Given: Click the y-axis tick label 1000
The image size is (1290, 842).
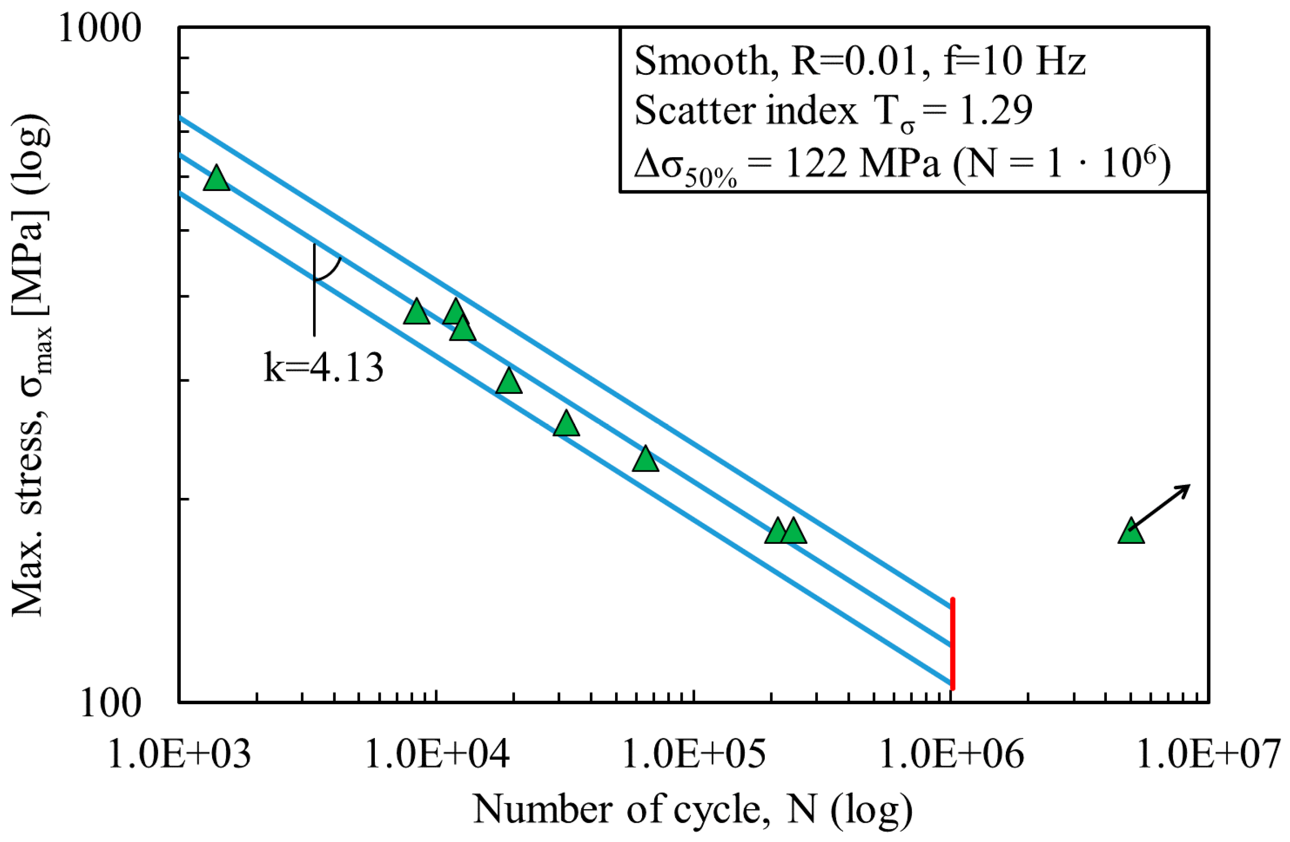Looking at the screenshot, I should (x=99, y=28).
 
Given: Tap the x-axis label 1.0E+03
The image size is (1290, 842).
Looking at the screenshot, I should (x=179, y=754).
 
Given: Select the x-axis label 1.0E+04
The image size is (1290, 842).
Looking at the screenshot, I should (x=437, y=754).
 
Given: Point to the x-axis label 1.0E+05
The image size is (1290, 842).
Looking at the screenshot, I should (x=694, y=754).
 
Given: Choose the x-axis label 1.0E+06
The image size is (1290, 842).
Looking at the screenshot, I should (x=951, y=754).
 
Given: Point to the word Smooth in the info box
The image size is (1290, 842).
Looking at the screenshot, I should (x=702, y=61).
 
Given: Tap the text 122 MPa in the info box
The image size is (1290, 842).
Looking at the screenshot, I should (x=862, y=164).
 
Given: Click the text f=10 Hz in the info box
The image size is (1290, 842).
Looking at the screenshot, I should (x=1014, y=61).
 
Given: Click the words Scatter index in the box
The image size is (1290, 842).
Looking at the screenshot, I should (x=745, y=111).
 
